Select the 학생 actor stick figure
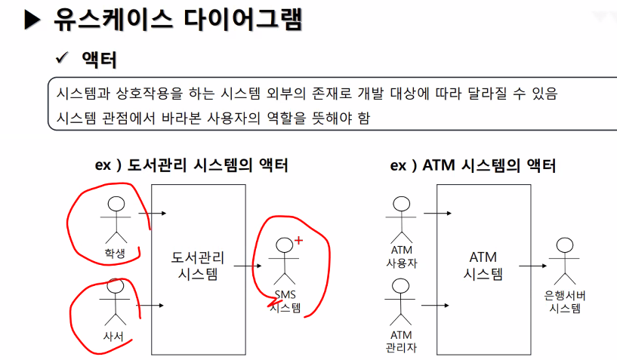point(116,219)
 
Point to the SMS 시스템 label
point(285,300)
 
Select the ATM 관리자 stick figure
point(401,301)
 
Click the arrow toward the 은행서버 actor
point(531,265)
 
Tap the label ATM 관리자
point(401,340)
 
